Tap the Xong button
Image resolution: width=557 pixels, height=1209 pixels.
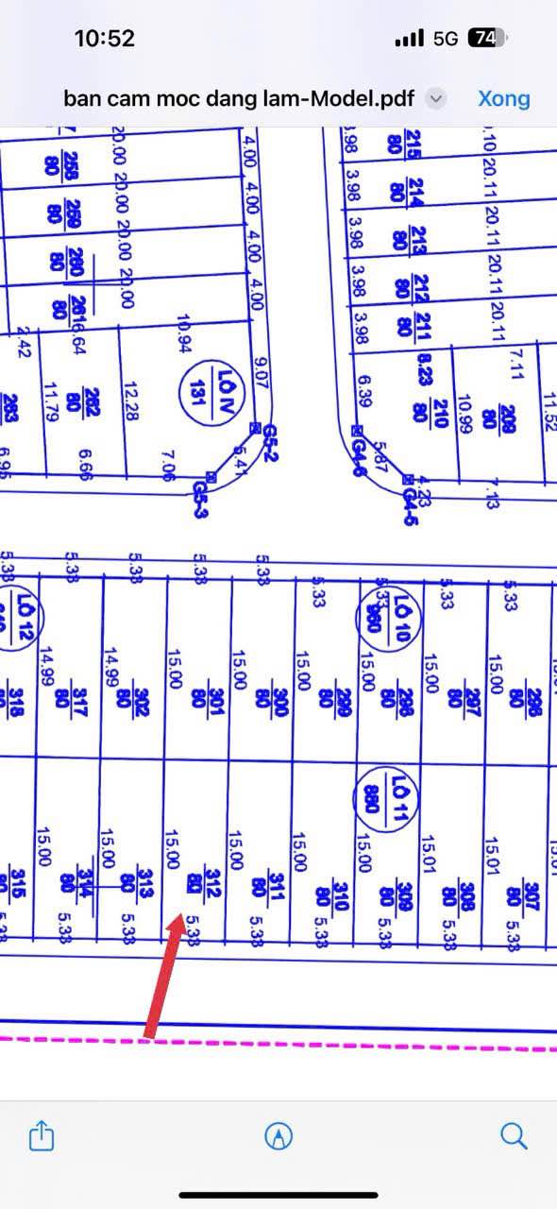[x=503, y=98]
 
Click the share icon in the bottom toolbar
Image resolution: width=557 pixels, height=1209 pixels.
[x=41, y=1135]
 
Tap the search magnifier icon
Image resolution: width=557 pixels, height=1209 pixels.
[x=514, y=1135]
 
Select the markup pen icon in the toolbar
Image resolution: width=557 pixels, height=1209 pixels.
[x=278, y=1136]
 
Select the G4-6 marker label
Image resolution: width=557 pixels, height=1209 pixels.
[x=359, y=444]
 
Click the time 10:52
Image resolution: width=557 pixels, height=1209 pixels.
[x=104, y=39]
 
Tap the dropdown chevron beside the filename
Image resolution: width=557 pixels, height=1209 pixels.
[x=435, y=98]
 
